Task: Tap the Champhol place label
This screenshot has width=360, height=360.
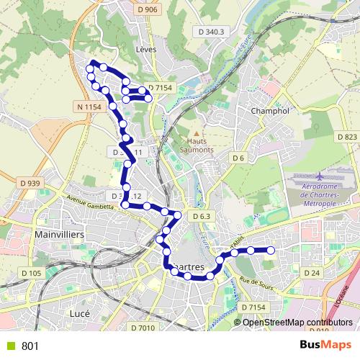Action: point(270,112)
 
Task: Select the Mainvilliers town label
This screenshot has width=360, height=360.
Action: point(59,235)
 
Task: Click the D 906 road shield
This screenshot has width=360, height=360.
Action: point(146,9)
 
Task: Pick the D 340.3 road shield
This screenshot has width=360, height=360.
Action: point(210,32)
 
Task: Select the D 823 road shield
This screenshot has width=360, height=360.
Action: point(346,137)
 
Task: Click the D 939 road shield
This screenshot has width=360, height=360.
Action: point(31,184)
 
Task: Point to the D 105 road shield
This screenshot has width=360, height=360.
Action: point(32,273)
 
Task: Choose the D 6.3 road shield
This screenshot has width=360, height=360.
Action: point(202,216)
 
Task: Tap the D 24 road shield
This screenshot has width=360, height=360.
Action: point(312,273)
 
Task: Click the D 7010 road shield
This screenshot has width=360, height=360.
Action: point(143,328)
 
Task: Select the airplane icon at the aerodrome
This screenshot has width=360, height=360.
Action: point(319,176)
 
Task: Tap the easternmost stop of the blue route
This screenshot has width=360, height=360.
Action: point(271,250)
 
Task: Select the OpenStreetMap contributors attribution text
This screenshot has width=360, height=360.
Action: point(297,322)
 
